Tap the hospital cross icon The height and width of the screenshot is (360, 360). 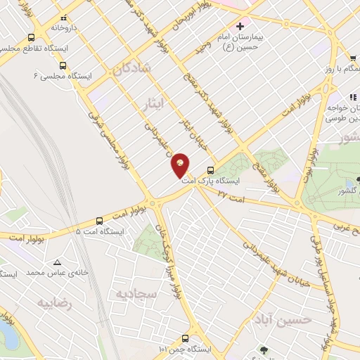[x=239, y=26]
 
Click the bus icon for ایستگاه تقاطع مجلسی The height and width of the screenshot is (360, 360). [x=31, y=37]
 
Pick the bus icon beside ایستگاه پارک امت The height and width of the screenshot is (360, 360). [x=210, y=169]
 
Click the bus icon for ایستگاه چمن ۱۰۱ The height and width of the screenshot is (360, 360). [x=185, y=337]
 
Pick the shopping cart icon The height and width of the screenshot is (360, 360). [x=352, y=58]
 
